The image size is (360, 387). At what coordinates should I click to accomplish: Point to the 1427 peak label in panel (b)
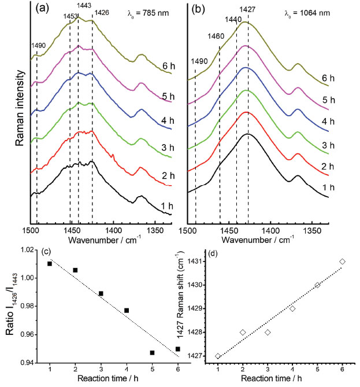click(x=248, y=9)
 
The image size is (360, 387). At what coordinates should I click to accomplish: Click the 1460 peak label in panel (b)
click(x=217, y=36)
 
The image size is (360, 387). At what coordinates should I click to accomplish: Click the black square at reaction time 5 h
click(x=152, y=352)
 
